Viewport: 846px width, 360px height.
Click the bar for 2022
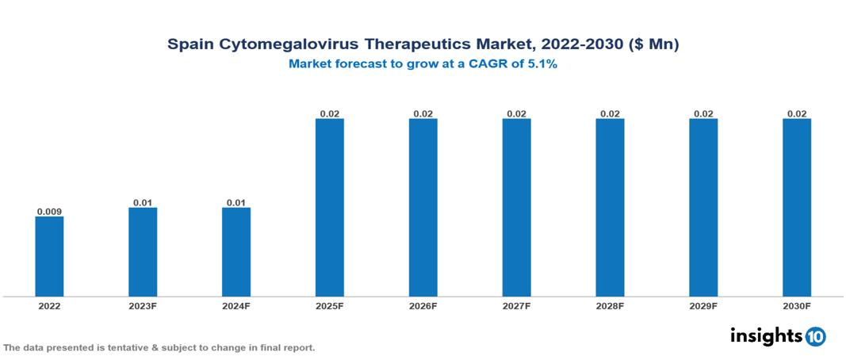pyautogui.click(x=49, y=256)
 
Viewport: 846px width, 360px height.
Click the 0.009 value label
pyautogui.click(x=49, y=212)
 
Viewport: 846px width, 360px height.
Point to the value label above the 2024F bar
pyautogui.click(x=236, y=203)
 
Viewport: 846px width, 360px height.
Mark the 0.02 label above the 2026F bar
pyautogui.click(x=423, y=114)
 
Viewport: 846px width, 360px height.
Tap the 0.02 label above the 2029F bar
pyautogui.click(x=703, y=114)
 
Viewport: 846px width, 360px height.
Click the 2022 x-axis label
pyautogui.click(x=49, y=305)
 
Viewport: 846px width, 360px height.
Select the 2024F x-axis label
pyautogui.click(x=236, y=305)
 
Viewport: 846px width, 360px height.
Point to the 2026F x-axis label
pyautogui.click(x=423, y=305)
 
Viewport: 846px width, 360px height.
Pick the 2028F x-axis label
pyautogui.click(x=610, y=305)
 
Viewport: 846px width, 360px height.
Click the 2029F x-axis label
pyautogui.click(x=703, y=305)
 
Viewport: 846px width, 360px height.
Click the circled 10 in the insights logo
pyautogui.click(x=816, y=337)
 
